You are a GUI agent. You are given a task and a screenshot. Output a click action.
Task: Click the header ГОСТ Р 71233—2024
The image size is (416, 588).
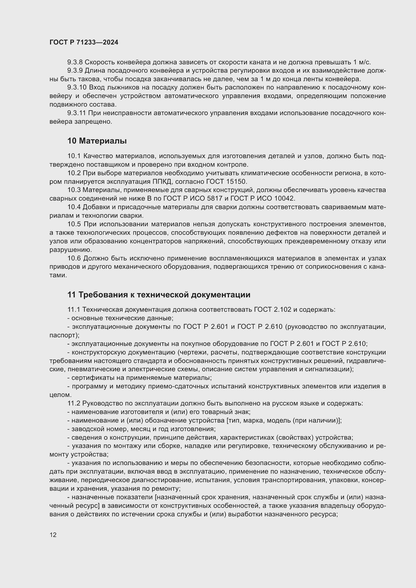(84, 42)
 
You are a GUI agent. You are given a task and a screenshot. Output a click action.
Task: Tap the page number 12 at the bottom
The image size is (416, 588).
(53, 535)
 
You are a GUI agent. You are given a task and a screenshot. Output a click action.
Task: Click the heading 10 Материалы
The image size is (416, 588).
(97, 141)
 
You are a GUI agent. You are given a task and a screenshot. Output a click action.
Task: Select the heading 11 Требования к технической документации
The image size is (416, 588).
(159, 295)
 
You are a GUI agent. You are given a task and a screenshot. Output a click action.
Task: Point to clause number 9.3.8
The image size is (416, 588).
(75, 62)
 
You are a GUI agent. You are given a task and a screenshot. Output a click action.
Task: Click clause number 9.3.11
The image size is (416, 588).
(77, 113)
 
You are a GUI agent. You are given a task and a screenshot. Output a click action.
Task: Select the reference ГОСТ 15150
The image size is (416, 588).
(226, 182)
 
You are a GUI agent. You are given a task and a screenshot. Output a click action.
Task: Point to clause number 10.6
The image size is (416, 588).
(74, 258)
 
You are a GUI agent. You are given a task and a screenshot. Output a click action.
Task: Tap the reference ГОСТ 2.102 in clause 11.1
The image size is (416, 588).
(273, 310)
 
